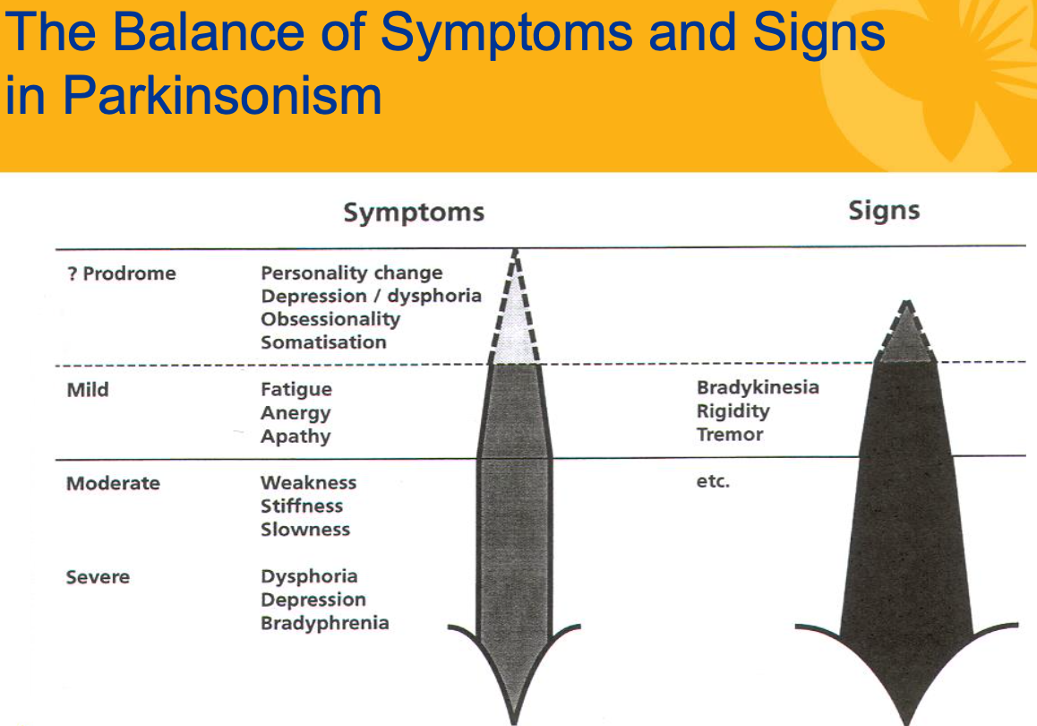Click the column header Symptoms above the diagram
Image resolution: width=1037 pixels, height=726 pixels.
coord(414,212)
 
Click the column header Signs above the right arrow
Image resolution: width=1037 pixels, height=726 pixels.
coord(884,211)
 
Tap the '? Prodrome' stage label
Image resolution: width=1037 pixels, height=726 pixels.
coord(121,273)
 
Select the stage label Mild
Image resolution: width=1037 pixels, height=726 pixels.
coord(87,390)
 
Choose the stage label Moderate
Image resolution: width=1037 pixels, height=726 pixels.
coord(113,483)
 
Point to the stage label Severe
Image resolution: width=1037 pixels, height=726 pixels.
coord(98,577)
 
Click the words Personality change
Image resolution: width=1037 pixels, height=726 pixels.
coord(351,272)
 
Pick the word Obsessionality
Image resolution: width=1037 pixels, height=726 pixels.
coord(330,319)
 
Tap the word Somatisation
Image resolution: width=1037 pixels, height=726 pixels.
coord(323,342)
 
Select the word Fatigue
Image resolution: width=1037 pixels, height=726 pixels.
coord(296,390)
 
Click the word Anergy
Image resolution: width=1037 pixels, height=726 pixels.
coord(296,413)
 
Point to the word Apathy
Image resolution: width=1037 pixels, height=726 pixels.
coord(296,436)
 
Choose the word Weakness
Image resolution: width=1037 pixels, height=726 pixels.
coord(308,483)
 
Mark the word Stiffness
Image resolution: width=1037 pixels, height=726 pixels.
coord(302,506)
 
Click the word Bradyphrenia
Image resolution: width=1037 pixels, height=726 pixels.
coord(324,623)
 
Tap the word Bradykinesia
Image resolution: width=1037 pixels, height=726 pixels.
coord(758,387)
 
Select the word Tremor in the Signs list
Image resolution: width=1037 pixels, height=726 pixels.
coord(730,435)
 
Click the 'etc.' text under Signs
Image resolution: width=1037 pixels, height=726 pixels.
coord(713,482)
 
